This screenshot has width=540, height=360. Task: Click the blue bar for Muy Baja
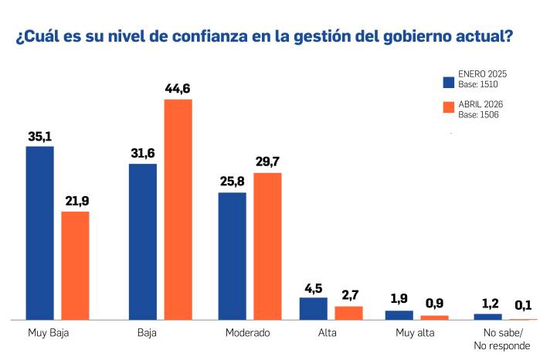coord(39,233)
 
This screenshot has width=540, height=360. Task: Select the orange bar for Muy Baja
coord(75,265)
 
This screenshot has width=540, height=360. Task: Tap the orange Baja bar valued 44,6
coord(178,209)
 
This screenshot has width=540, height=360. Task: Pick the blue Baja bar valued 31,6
coord(142,241)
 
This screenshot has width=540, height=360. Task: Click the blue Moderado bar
coord(232,256)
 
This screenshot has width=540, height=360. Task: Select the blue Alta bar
coord(314,308)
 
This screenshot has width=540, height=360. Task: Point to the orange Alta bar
coord(348,313)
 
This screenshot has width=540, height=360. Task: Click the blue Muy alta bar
coord(399,314)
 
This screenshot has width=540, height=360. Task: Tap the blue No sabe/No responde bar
coord(487,316)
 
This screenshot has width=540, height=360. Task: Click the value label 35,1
coord(39,137)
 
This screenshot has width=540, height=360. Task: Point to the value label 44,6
coord(178,89)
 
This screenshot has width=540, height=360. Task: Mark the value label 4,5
coord(314,288)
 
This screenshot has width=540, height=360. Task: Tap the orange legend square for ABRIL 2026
coord(448,108)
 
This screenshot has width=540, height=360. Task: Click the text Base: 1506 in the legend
coord(478,115)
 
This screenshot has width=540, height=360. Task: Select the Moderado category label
coord(247,333)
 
